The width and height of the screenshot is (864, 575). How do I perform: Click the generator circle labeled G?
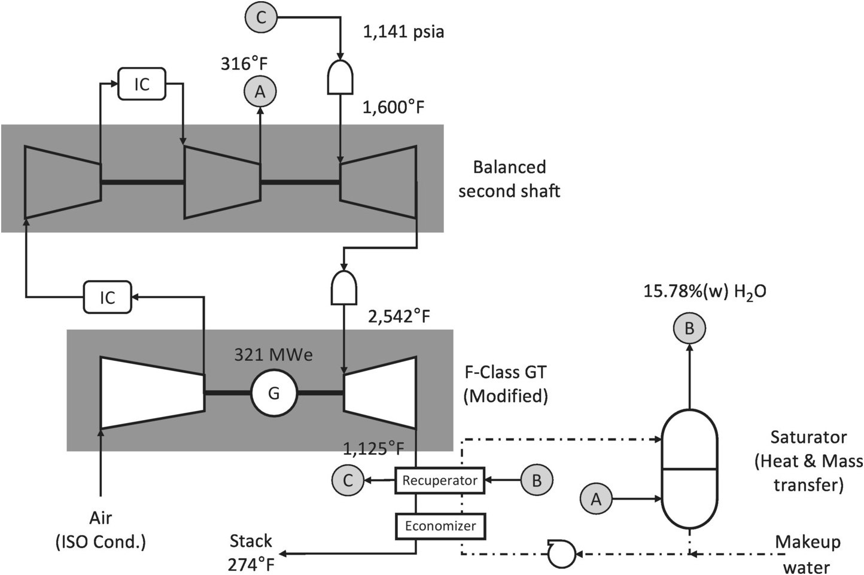pyautogui.click(x=274, y=393)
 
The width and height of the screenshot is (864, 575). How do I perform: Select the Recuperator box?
pyautogui.click(x=440, y=480)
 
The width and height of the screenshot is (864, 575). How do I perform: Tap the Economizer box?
pyautogui.click(x=440, y=526)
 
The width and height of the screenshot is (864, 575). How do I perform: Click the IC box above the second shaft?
pyautogui.click(x=142, y=84)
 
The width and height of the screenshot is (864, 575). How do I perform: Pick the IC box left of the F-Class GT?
pyautogui.click(x=108, y=297)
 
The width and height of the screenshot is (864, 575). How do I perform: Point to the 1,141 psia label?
pyautogui.click(x=404, y=32)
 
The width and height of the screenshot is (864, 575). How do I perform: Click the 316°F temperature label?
pyautogui.click(x=244, y=63)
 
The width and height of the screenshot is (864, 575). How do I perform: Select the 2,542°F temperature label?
pyautogui.click(x=399, y=317)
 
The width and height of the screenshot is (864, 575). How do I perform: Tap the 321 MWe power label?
pyautogui.click(x=273, y=355)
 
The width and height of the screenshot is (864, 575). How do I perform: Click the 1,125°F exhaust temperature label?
pyautogui.click(x=373, y=449)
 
